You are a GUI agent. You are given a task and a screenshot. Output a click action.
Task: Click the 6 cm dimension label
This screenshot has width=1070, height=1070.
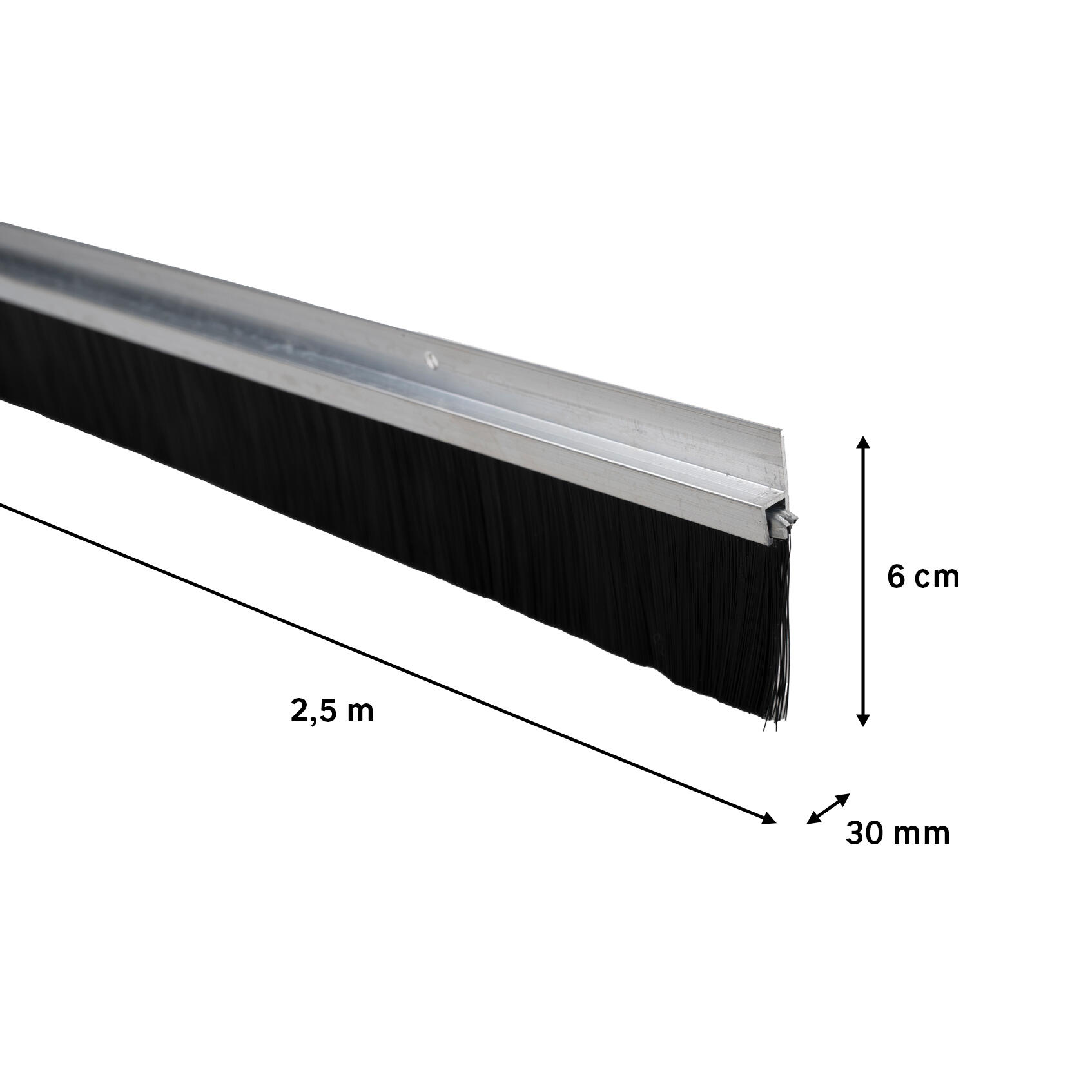(x=923, y=578)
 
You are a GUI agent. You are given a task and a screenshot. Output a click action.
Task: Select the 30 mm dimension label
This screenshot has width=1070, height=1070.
(x=897, y=833)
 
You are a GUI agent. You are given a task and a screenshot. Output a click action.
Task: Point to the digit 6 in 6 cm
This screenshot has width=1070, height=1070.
(x=895, y=578)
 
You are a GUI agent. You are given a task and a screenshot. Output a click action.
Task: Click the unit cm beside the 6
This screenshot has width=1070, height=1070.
(x=937, y=580)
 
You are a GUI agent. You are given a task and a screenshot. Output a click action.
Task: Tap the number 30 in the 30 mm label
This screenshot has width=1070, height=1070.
(x=864, y=833)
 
